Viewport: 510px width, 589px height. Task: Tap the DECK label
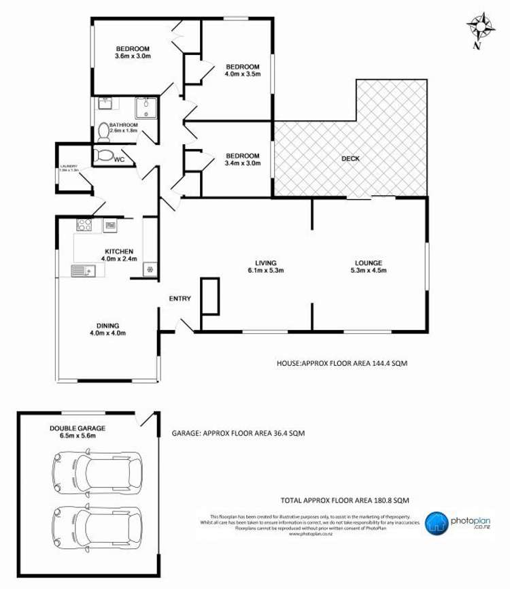[351, 159]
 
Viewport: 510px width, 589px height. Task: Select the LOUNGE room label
[369, 263]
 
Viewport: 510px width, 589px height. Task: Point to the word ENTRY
[180, 299]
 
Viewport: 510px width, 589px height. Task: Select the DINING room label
[108, 325]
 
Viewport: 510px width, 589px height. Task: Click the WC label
[119, 160]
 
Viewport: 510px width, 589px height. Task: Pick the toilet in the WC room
[103, 155]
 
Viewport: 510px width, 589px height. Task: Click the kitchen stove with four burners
[84, 224]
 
